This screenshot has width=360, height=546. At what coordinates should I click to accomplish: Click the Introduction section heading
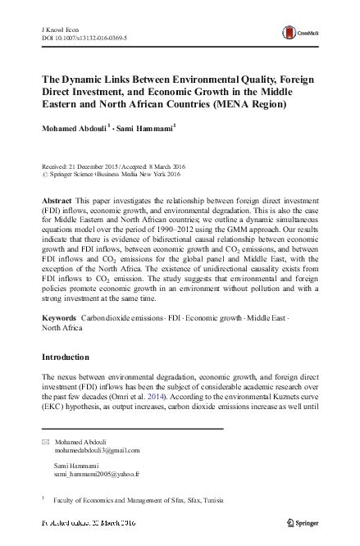click(x=71, y=359)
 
